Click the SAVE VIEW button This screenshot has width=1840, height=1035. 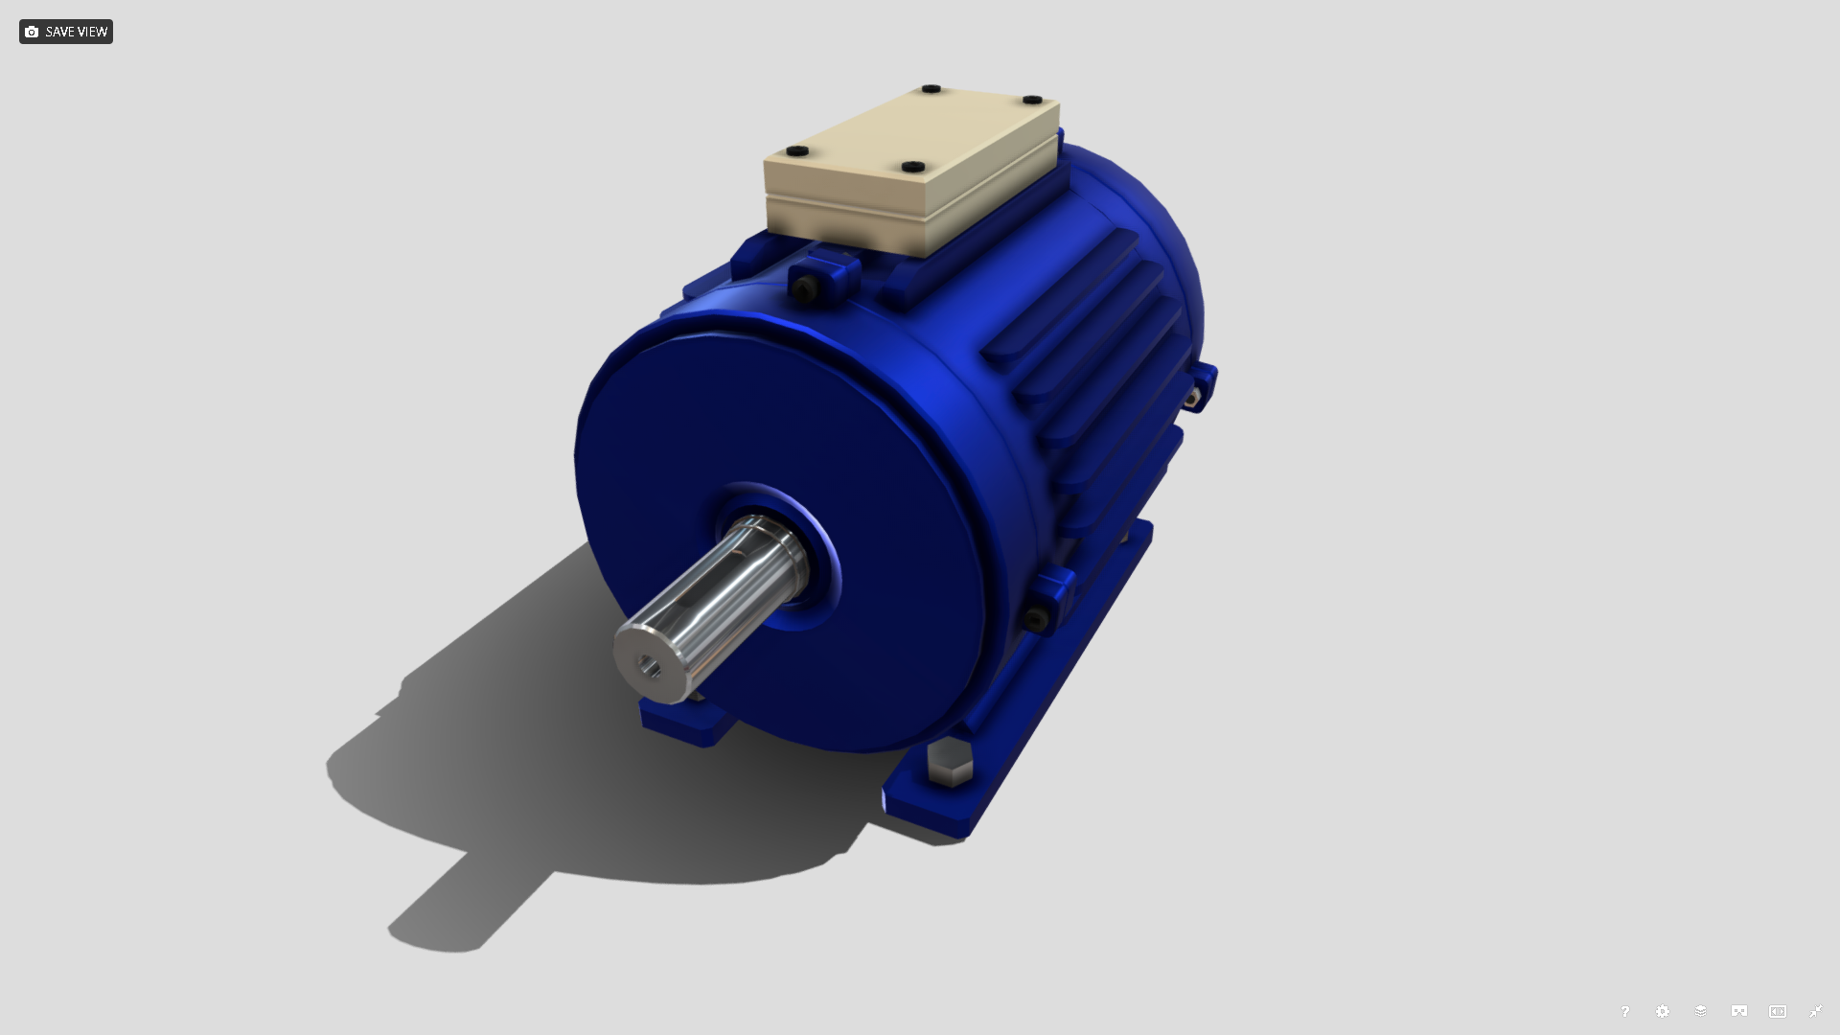65,32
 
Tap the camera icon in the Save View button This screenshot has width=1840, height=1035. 32,32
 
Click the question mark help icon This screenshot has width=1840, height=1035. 1624,1011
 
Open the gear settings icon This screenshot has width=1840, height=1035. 1663,1011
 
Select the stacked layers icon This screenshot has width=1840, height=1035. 1700,1011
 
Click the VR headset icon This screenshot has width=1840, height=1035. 1738,1011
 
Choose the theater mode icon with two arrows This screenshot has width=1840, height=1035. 1777,1011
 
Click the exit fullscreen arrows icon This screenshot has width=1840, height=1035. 1815,1011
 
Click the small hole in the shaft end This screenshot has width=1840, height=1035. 652,664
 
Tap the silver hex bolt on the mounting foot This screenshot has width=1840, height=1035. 950,764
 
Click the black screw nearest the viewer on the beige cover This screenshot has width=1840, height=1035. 913,167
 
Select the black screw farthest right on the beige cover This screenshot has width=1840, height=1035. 1032,100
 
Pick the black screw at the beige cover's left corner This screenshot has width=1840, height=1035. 797,151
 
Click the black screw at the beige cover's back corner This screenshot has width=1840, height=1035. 931,89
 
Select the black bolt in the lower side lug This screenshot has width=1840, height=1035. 1034,619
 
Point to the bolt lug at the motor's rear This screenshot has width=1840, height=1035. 1198,388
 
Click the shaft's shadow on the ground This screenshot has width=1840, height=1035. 470,901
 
